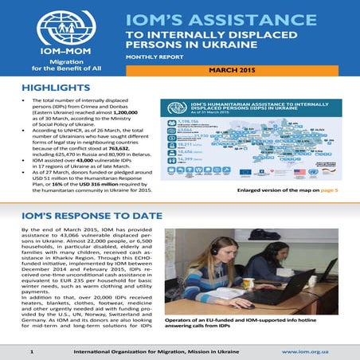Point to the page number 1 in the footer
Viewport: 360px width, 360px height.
pos(31,350)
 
